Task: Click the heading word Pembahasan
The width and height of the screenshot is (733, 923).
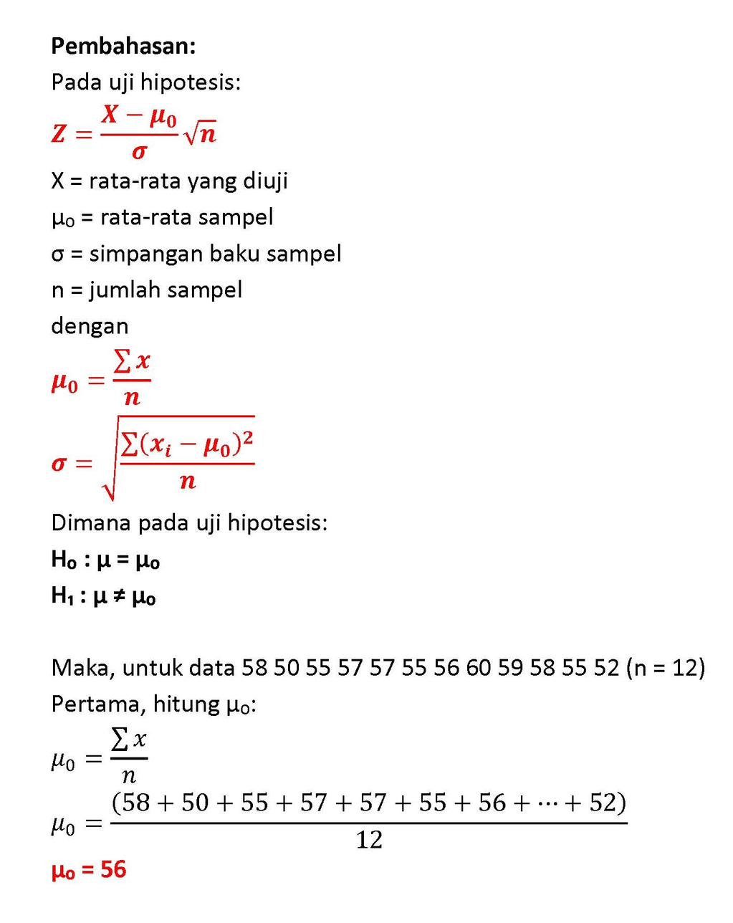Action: (122, 47)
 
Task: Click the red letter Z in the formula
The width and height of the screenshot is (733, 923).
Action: (59, 134)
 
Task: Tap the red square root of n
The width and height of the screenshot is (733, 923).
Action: (200, 133)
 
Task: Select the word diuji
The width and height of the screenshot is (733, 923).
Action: (265, 181)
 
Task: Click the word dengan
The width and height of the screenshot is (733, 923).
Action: (90, 327)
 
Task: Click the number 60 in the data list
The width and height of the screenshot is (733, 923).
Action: (478, 669)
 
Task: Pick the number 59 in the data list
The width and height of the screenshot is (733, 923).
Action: (510, 669)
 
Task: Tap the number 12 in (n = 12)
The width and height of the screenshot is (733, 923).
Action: (685, 669)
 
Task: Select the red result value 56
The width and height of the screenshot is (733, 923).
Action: (113, 870)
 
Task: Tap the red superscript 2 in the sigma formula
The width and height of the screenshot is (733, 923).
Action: (247, 437)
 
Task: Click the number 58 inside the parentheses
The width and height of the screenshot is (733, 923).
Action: (136, 803)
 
